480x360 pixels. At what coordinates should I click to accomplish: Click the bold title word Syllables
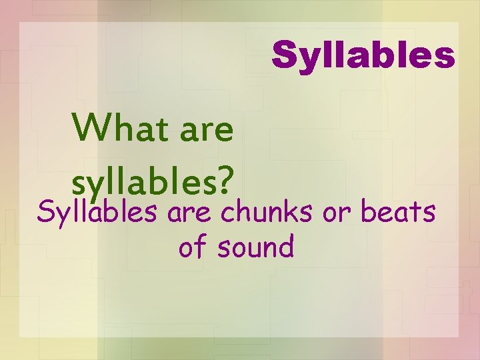[363, 55]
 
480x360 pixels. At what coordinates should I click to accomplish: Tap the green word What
[119, 128]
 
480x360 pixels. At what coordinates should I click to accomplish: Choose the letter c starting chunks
[226, 215]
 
